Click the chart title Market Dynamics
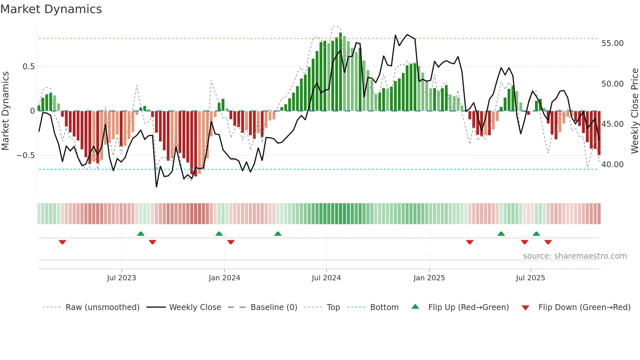point(51,9)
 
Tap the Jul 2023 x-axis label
point(121,278)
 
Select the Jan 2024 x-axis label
point(224,278)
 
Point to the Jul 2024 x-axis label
point(326,278)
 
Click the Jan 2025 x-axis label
point(429,278)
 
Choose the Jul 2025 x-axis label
point(530,278)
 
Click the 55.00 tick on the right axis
point(612,43)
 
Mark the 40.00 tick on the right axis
point(612,165)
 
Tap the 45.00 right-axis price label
point(612,124)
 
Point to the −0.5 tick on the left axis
point(25,155)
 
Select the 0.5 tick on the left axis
point(28,67)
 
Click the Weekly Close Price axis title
point(634,111)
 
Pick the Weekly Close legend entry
point(195,307)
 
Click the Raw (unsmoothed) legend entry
point(102,307)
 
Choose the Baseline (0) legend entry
point(274,307)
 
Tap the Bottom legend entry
point(384,307)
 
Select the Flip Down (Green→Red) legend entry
point(584,307)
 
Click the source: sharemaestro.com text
point(575,256)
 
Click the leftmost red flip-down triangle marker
point(62,242)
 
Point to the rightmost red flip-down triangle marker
point(548,242)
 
